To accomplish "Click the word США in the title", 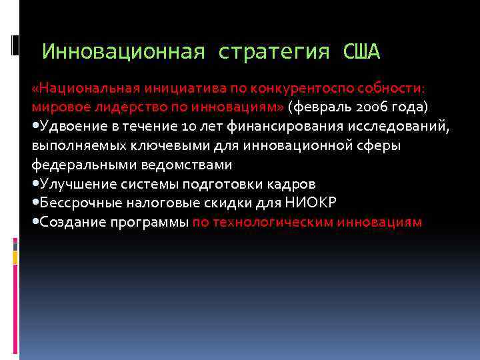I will coord(362,51).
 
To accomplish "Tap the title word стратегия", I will coord(273,51).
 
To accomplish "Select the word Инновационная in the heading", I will coord(123,51).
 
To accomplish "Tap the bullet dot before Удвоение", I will coord(35,126).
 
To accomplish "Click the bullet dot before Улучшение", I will coord(35,183).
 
